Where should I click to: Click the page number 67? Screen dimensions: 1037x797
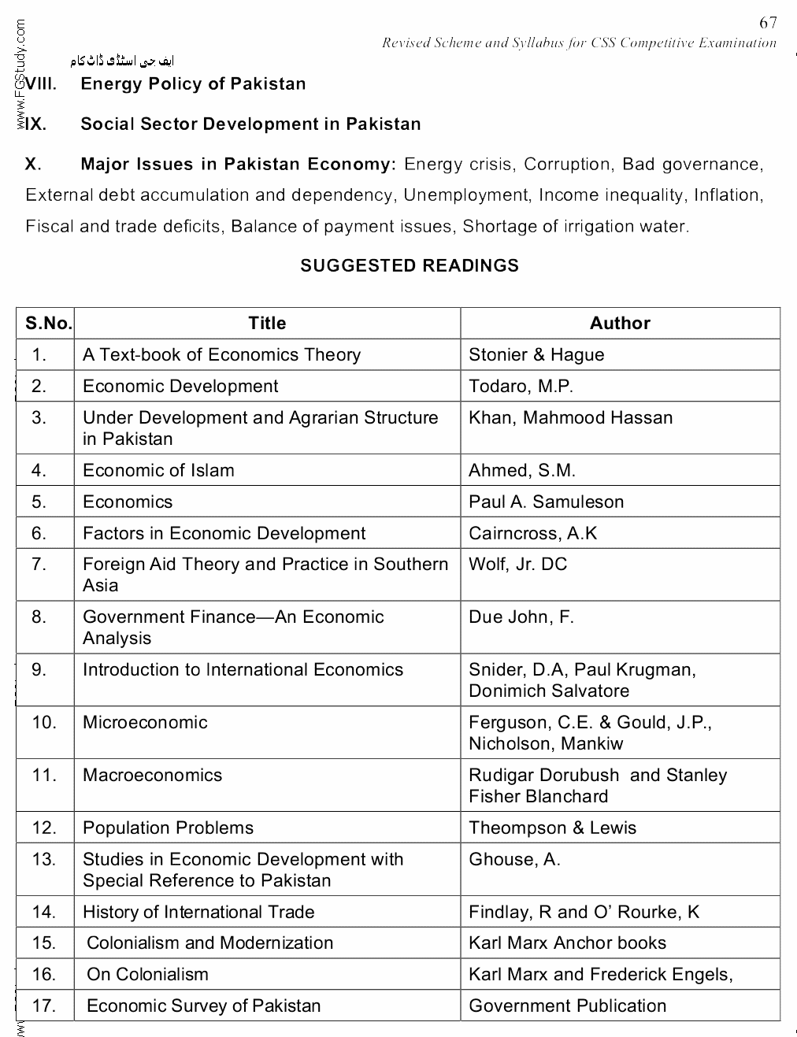tap(768, 23)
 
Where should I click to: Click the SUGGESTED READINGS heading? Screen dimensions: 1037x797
tap(410, 266)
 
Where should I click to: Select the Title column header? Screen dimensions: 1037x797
tap(267, 323)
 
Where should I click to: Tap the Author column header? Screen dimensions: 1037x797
tap(620, 323)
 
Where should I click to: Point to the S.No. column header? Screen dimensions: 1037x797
tap(48, 323)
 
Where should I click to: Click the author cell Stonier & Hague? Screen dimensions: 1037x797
tap(536, 355)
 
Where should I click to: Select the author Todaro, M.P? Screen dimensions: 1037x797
tap(521, 387)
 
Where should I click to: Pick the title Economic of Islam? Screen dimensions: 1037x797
tap(158, 471)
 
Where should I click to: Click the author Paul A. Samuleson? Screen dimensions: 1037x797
tap(546, 502)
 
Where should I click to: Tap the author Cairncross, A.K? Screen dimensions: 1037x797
tap(532, 534)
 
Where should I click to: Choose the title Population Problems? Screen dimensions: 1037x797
tap(168, 828)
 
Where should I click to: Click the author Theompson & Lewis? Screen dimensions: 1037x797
tap(552, 828)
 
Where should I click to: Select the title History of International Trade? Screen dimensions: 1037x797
tap(198, 913)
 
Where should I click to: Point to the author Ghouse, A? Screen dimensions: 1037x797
tap(514, 860)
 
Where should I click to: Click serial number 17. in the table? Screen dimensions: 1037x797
tap(44, 1006)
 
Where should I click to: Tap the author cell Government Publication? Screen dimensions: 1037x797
tap(567, 1006)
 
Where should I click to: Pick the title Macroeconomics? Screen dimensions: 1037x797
tap(152, 776)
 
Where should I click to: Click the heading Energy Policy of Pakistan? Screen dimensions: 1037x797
tap(193, 84)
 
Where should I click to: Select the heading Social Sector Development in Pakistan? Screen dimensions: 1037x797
tap(250, 124)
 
